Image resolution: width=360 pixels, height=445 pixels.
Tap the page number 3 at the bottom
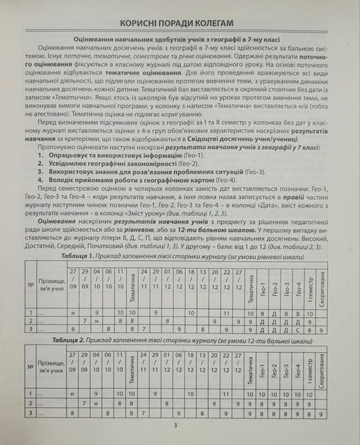(175, 424)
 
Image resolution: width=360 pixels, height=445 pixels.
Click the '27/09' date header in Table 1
(74, 276)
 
